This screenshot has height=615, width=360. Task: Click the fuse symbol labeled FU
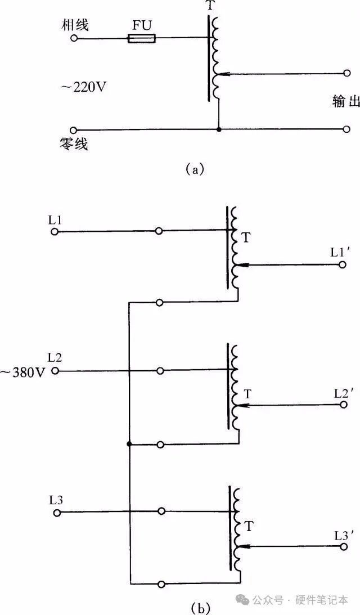142,38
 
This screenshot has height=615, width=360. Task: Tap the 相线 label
77,25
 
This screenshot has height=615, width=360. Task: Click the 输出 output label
345,101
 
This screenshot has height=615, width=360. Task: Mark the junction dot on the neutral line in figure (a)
219,129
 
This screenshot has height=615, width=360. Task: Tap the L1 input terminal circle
55,231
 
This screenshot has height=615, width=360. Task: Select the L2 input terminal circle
55,371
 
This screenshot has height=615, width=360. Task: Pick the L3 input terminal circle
56,512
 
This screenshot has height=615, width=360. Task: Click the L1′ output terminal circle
342,264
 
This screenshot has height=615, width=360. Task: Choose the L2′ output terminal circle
343,405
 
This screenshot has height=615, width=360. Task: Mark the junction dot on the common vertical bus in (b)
129,445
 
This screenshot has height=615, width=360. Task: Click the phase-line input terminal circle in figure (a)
73,38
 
